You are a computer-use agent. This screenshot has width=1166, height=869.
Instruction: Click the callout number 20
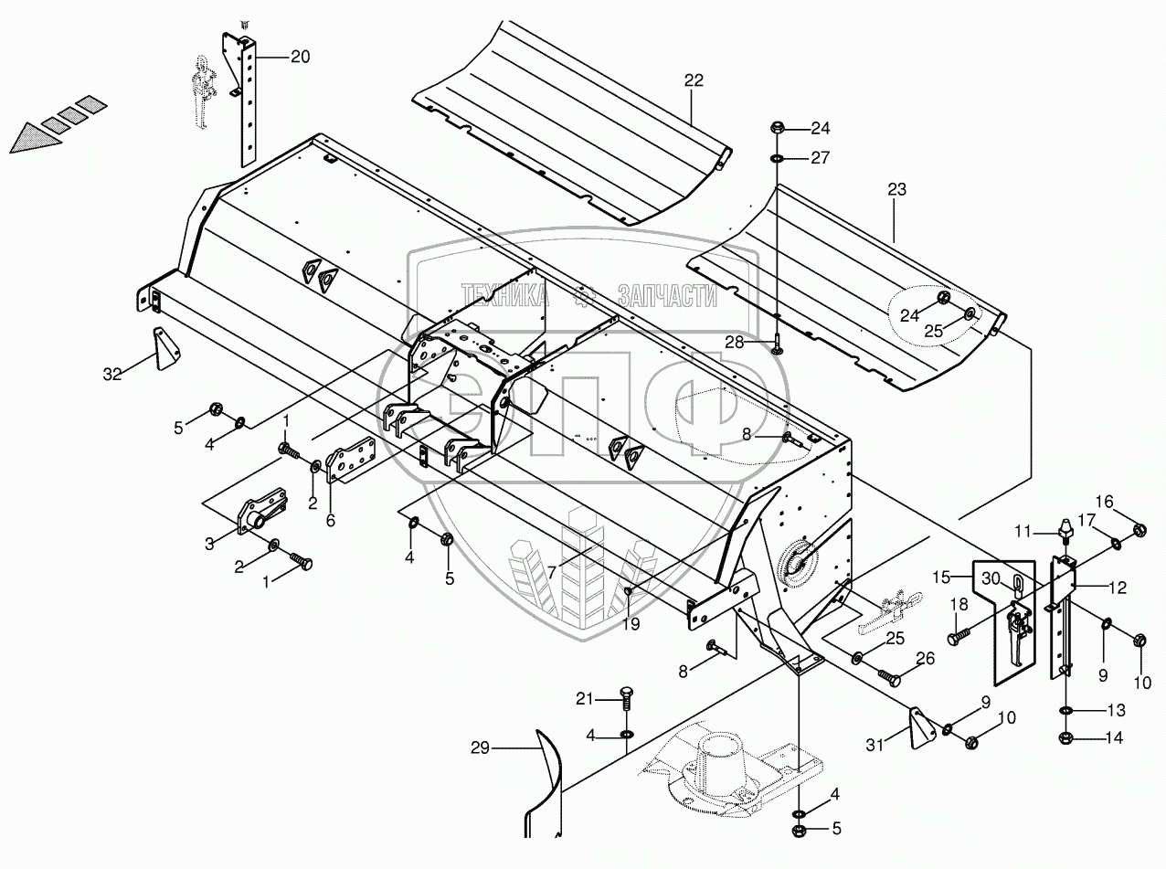[x=300, y=57]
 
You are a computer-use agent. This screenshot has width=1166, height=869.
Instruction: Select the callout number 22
[x=694, y=80]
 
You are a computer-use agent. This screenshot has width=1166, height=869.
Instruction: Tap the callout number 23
[x=896, y=190]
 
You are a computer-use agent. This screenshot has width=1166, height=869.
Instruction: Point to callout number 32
[x=112, y=373]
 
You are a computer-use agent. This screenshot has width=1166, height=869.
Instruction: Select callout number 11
[x=1022, y=530]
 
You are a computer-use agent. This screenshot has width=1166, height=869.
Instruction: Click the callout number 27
[x=820, y=157]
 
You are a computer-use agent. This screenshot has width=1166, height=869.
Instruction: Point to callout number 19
[x=631, y=624]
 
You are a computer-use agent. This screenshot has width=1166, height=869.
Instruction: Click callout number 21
[x=584, y=699]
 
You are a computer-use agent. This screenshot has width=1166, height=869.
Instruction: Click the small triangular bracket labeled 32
[x=166, y=348]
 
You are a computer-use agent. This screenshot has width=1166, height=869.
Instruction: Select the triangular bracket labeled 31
[x=919, y=727]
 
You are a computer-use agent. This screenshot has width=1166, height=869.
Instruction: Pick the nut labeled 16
[x=1139, y=530]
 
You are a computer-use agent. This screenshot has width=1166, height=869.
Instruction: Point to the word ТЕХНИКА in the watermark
[x=505, y=294]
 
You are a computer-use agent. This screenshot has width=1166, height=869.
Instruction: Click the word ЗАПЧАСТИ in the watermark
[x=667, y=295]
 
